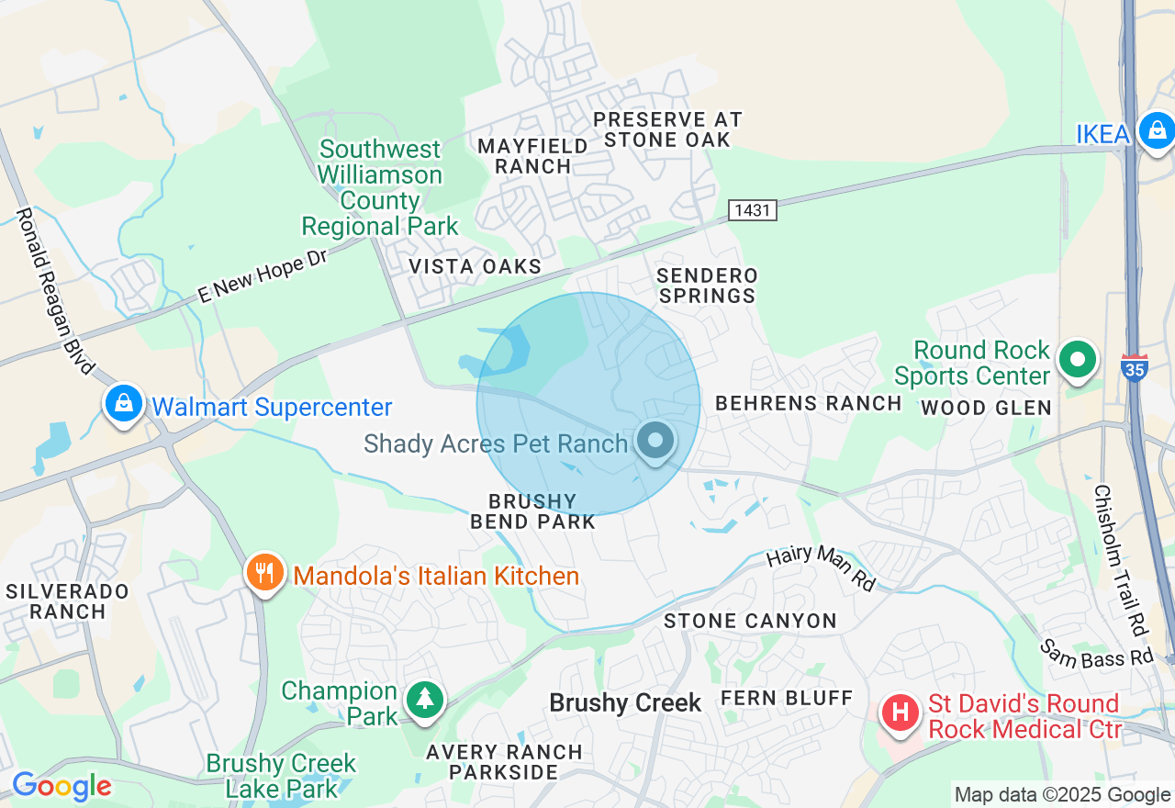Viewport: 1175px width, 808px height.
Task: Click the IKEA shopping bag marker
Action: tap(1157, 131)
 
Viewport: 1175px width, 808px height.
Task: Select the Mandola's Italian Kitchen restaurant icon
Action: tap(264, 573)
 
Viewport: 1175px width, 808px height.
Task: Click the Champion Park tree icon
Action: tap(424, 700)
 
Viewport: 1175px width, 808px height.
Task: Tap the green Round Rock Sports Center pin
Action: tap(1078, 360)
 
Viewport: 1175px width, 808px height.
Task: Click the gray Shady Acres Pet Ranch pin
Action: tap(655, 442)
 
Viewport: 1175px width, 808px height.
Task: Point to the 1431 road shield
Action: tap(753, 210)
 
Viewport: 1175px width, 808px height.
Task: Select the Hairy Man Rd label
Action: tap(821, 567)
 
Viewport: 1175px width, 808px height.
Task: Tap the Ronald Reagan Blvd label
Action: tap(54, 290)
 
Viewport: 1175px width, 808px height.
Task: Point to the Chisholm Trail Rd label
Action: tap(1121, 560)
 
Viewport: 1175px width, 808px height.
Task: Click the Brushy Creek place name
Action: tap(625, 703)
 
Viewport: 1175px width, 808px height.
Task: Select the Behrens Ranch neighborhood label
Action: tap(809, 403)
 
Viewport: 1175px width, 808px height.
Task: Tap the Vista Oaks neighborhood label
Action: tap(475, 266)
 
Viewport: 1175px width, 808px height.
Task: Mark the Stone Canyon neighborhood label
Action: tap(750, 622)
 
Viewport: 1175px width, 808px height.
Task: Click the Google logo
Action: tap(62, 786)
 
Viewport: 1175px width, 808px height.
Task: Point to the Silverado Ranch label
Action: tap(67, 600)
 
